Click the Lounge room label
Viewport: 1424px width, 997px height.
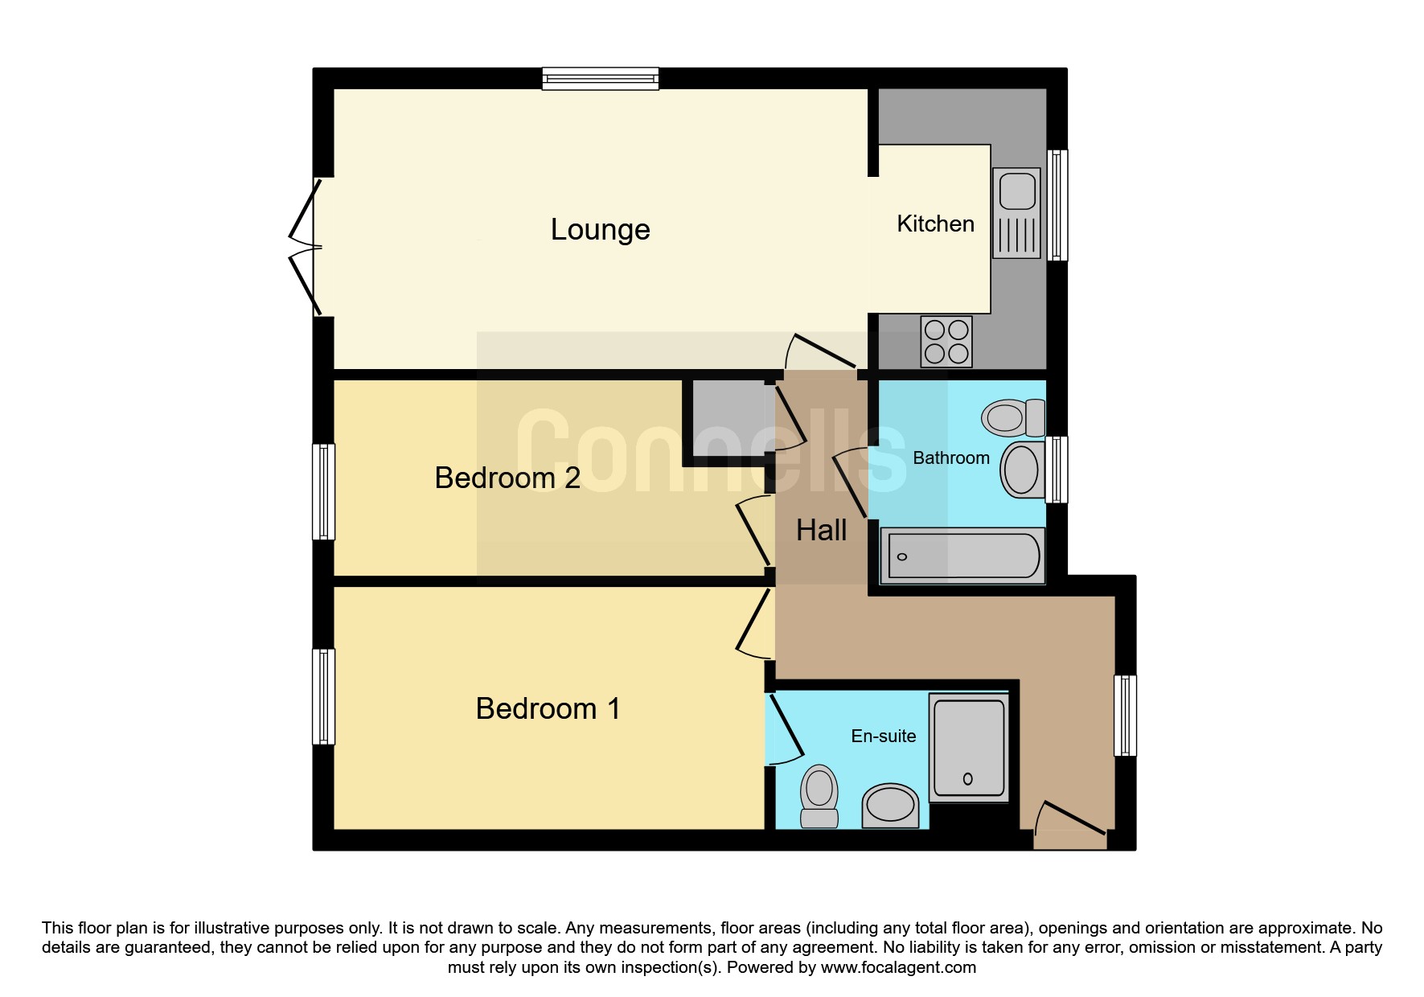coord(600,230)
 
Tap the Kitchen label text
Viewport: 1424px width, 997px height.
coord(935,224)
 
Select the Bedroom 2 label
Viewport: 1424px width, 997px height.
coord(507,478)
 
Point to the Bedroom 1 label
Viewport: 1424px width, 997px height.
coord(548,708)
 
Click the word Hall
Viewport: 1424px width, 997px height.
coord(821,530)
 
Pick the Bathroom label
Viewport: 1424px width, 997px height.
coord(951,457)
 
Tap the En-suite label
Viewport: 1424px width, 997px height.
coord(884,736)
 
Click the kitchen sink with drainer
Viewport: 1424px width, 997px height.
coord(1017,213)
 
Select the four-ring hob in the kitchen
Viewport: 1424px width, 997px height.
coord(946,341)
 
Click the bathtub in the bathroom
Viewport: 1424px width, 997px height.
coord(962,556)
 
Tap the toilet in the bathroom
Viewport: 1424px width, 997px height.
coord(1013,417)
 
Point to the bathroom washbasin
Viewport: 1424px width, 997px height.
coord(1023,469)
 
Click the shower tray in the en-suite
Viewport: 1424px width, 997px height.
coord(968,748)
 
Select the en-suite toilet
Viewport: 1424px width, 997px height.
coord(819,796)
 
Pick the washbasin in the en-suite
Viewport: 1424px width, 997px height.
coord(890,806)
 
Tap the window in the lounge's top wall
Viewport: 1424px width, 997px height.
coord(601,78)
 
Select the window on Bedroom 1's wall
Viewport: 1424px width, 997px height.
coord(323,696)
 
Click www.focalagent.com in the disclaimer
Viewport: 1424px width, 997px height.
coord(898,967)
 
